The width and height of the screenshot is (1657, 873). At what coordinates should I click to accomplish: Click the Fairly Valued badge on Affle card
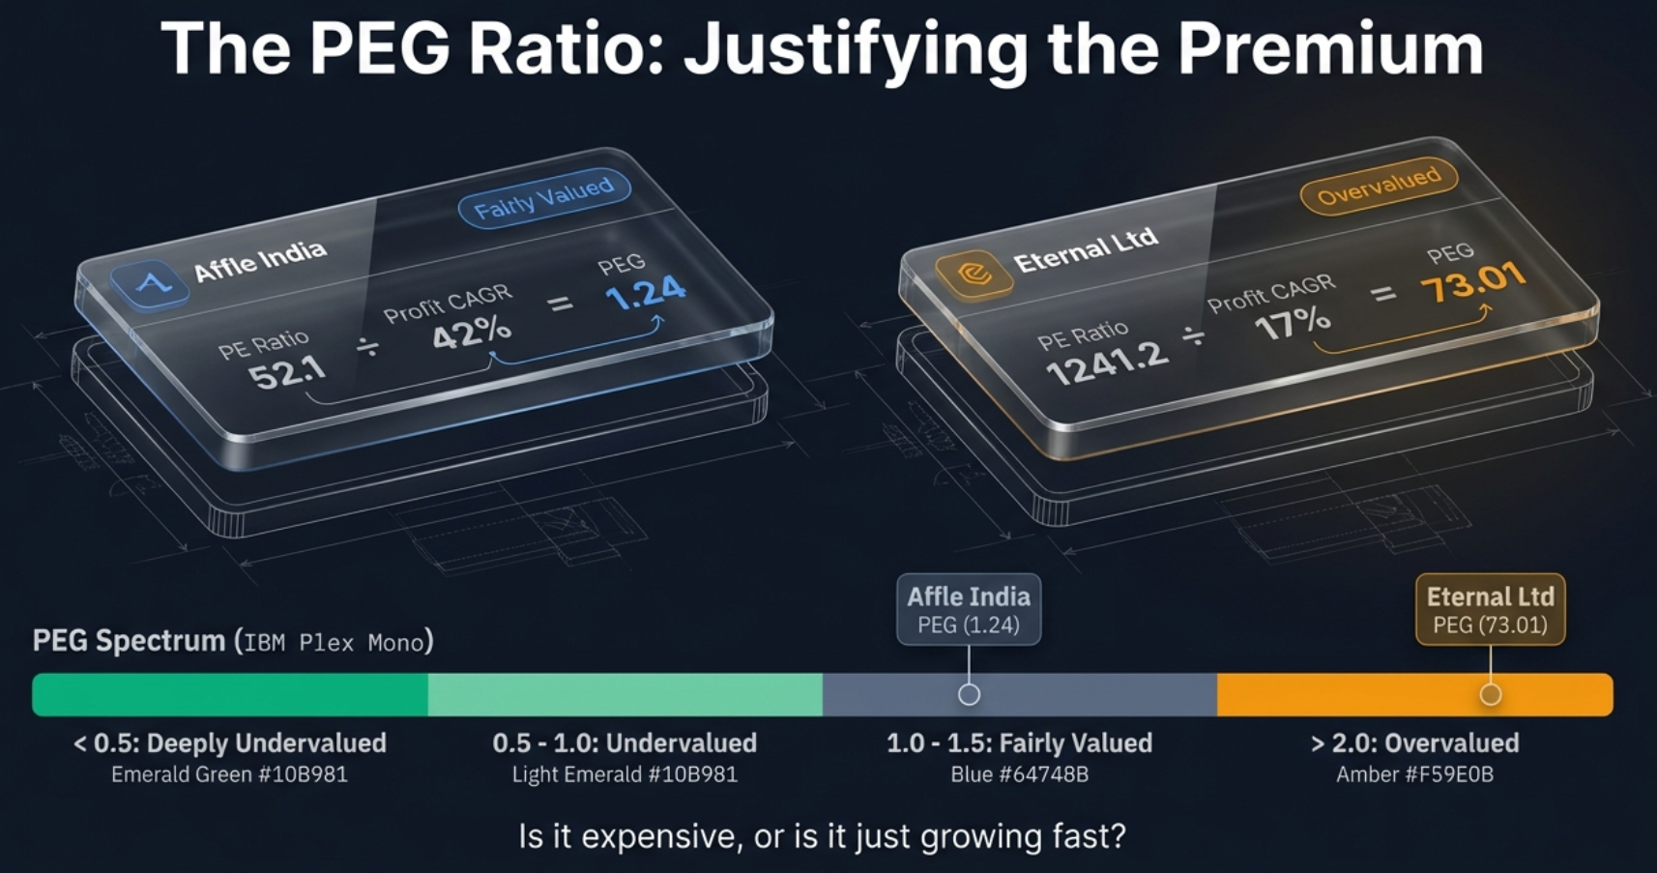pos(543,197)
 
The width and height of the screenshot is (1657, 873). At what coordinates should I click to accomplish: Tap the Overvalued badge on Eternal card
pos(1379,186)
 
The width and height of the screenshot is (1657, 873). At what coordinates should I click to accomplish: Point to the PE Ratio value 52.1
pos(287,371)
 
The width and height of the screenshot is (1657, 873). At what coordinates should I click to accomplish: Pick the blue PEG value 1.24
pos(646,293)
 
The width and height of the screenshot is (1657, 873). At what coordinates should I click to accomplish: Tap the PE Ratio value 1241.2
pos(1107,363)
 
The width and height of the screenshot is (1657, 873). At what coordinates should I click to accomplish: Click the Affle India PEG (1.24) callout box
pos(969,610)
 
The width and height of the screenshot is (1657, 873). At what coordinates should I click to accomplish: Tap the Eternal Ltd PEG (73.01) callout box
pos(1490,610)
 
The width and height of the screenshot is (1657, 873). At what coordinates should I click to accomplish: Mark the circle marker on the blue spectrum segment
pos(969,694)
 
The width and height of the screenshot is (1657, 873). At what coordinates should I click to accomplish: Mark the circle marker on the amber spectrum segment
pos(1491,694)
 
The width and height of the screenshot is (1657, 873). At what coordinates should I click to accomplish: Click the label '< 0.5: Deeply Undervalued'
pos(230,742)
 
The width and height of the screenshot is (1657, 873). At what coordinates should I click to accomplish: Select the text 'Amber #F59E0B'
pos(1414,774)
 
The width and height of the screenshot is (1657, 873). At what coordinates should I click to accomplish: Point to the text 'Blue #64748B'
pos(1019,774)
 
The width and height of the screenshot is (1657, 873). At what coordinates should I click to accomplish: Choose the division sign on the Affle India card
pos(367,346)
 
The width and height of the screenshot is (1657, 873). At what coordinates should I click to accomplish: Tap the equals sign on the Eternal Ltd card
pos(1384,293)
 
